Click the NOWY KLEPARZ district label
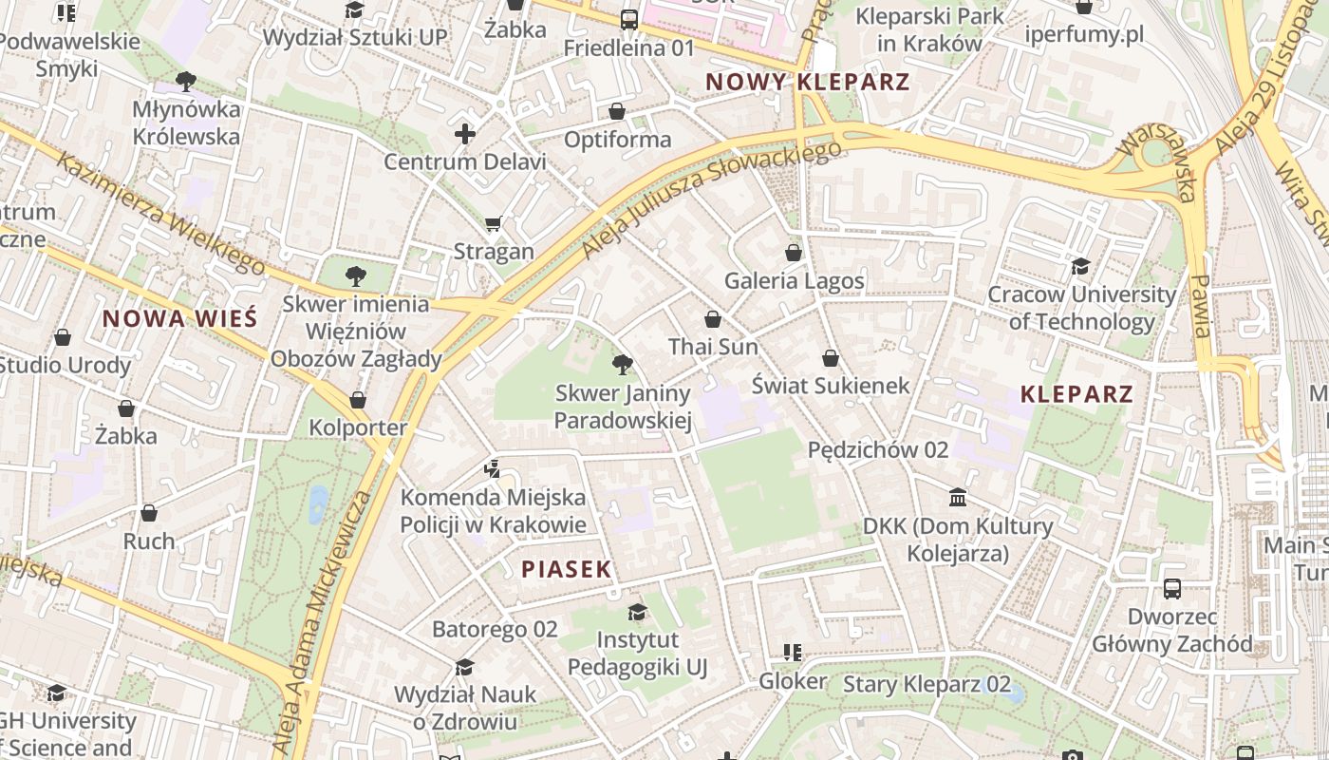(808, 82)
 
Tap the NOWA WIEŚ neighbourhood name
(180, 318)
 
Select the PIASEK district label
(567, 569)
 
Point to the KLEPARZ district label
(1077, 394)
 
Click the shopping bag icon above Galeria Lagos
(794, 253)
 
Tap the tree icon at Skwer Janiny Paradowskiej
(623, 364)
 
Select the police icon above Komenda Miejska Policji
(492, 468)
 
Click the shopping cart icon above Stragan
(493, 224)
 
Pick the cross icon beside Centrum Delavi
(464, 134)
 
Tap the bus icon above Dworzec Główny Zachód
(1172, 588)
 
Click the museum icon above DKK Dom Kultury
(958, 497)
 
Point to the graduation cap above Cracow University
(1081, 266)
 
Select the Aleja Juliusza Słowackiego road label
(711, 200)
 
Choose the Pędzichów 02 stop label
(878, 450)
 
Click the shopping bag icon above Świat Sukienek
(831, 358)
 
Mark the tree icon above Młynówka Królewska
(186, 81)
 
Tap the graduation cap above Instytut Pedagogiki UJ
(637, 612)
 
